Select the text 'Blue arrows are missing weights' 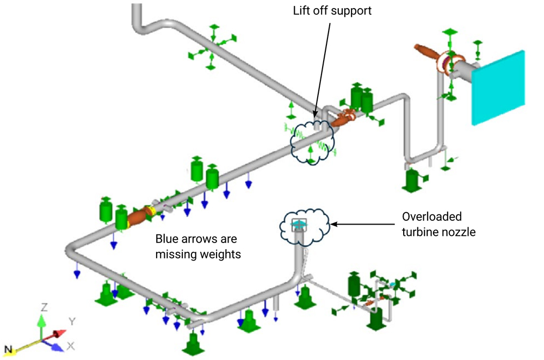tap(197, 246)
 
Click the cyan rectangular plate tap(498, 87)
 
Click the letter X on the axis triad tap(71, 346)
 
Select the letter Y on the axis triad tap(71, 322)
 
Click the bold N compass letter tap(8, 348)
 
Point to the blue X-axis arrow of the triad tap(54, 343)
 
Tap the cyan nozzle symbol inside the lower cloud tap(299, 224)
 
